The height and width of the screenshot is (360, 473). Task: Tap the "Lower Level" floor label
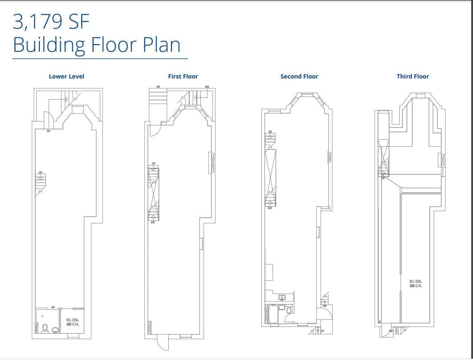click(x=66, y=76)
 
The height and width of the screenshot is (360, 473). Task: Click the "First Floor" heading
click(x=183, y=76)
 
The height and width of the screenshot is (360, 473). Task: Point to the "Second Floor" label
click(x=299, y=76)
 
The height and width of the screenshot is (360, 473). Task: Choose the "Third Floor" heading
click(x=412, y=76)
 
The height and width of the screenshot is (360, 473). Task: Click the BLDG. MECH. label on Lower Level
click(x=73, y=322)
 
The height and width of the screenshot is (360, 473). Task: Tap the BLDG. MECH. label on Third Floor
click(x=416, y=283)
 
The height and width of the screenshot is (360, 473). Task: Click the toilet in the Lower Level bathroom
click(x=45, y=328)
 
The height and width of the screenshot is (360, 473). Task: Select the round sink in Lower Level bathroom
click(x=55, y=330)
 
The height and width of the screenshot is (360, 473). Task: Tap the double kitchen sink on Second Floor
click(x=282, y=297)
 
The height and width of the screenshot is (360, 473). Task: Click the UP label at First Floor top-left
click(x=158, y=87)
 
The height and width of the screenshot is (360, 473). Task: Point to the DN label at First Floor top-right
click(x=207, y=87)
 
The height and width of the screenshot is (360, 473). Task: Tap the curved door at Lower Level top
click(x=48, y=119)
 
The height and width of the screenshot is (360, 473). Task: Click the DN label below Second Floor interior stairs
click(x=270, y=208)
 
